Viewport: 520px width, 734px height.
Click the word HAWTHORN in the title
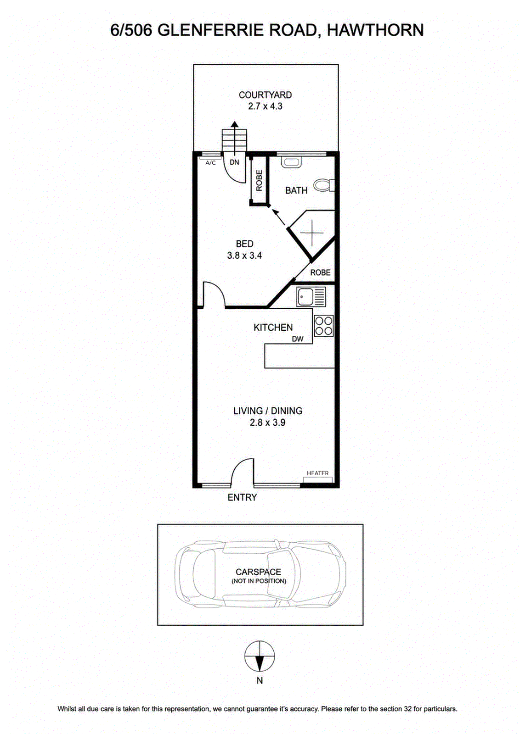click(375, 30)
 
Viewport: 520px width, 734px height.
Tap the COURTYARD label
click(265, 95)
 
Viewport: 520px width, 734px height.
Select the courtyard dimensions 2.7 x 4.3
click(265, 106)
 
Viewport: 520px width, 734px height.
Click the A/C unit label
click(211, 163)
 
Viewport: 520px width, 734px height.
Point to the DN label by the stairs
click(234, 162)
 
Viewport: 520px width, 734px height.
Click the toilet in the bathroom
click(323, 185)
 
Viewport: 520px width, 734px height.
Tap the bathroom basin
click(291, 162)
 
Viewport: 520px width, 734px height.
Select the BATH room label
click(296, 190)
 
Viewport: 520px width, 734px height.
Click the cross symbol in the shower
click(312, 233)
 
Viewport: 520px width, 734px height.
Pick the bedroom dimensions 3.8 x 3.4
click(244, 255)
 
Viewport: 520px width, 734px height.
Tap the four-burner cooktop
click(324, 326)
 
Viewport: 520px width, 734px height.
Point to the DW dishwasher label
click(298, 339)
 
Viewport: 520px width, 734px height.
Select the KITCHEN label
click(273, 328)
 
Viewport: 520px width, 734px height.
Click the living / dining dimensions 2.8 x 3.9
click(267, 423)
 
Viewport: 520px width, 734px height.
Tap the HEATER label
click(317, 473)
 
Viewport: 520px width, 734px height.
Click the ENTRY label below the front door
click(242, 497)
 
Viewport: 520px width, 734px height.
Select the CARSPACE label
click(258, 572)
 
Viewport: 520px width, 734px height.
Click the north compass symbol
click(260, 656)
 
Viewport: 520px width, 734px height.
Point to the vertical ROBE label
click(259, 181)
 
